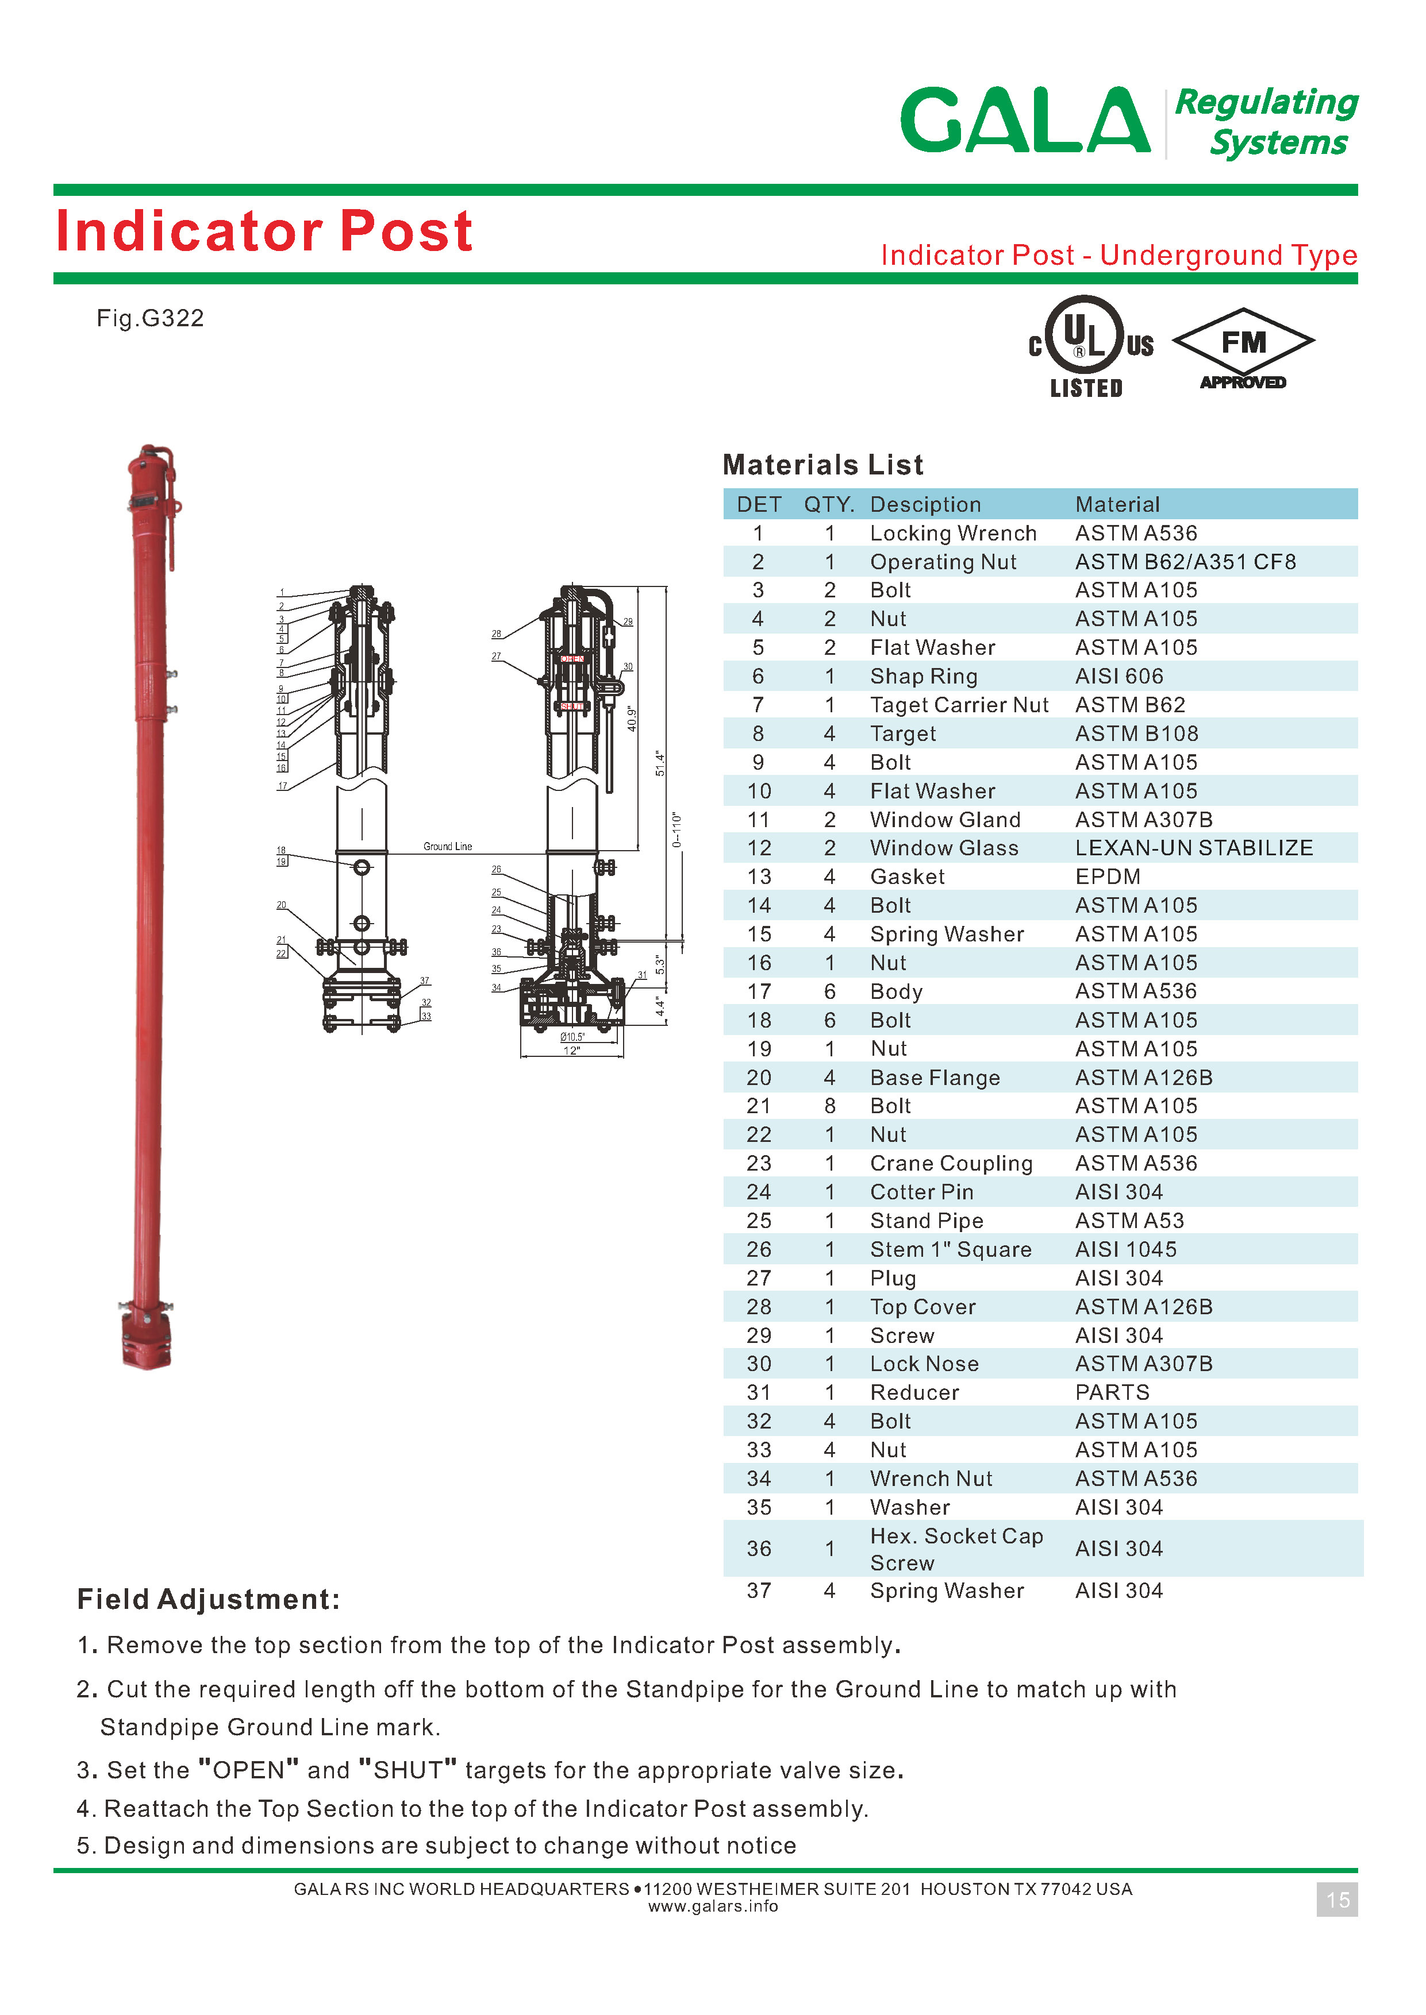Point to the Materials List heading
tap(822, 464)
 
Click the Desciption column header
tap(925, 505)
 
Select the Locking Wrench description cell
tap(953, 534)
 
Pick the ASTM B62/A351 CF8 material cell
tap(1185, 562)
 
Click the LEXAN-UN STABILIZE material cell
tap(1193, 848)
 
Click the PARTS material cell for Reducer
tap(1112, 1393)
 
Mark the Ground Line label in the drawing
tap(447, 846)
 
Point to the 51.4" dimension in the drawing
tap(660, 763)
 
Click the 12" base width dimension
tap(572, 1051)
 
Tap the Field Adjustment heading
tap(208, 1599)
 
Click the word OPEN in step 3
tap(248, 1770)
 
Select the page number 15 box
tap(1336, 1900)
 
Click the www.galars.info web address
tap(712, 1906)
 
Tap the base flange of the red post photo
tap(147, 1337)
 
